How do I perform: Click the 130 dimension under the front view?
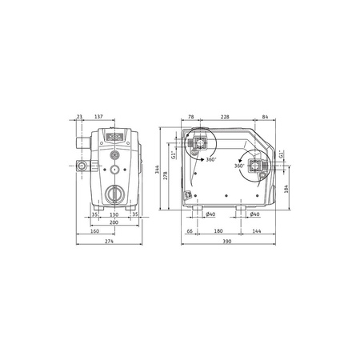[114, 215]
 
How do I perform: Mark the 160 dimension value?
[94, 232]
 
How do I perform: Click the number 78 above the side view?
[190, 117]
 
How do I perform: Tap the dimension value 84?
[265, 117]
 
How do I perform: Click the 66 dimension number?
[190, 232]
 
